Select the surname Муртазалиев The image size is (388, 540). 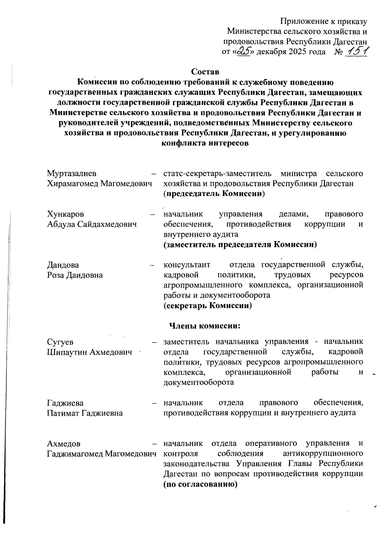(x=72, y=174)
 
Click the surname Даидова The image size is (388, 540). (x=63, y=265)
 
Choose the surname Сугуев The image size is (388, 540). (x=60, y=342)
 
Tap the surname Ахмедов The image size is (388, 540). (x=64, y=443)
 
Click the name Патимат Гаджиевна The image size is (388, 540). (x=85, y=413)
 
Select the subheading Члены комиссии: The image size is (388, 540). (x=205, y=326)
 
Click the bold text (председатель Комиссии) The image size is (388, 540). (x=214, y=194)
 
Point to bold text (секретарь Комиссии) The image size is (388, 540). (x=208, y=305)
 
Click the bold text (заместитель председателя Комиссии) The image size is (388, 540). (x=240, y=245)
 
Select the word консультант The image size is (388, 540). (x=187, y=265)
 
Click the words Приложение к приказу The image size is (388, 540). (x=324, y=21)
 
